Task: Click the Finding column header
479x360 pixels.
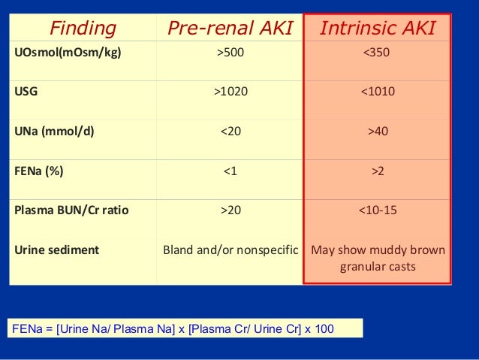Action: tap(83, 29)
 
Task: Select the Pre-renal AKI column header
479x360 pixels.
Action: tap(230, 29)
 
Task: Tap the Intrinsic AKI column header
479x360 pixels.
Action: tap(377, 29)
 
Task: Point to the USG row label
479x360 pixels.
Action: tap(26, 92)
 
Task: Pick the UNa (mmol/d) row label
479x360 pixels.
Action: tap(54, 131)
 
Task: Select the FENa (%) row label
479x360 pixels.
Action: tap(39, 171)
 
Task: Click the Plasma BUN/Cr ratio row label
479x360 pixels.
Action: tap(71, 210)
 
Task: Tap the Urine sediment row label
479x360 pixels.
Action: tap(57, 250)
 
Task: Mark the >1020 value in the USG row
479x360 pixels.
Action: tap(230, 92)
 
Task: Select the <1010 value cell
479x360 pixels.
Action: tap(377, 92)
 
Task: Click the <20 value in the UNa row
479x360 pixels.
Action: tap(230, 131)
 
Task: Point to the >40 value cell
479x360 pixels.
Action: tap(377, 131)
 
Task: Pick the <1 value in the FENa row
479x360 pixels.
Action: tap(230, 171)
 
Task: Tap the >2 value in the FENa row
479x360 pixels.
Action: tap(377, 171)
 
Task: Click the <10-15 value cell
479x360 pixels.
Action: tap(377, 210)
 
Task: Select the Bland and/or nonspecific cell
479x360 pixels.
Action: tap(230, 250)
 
